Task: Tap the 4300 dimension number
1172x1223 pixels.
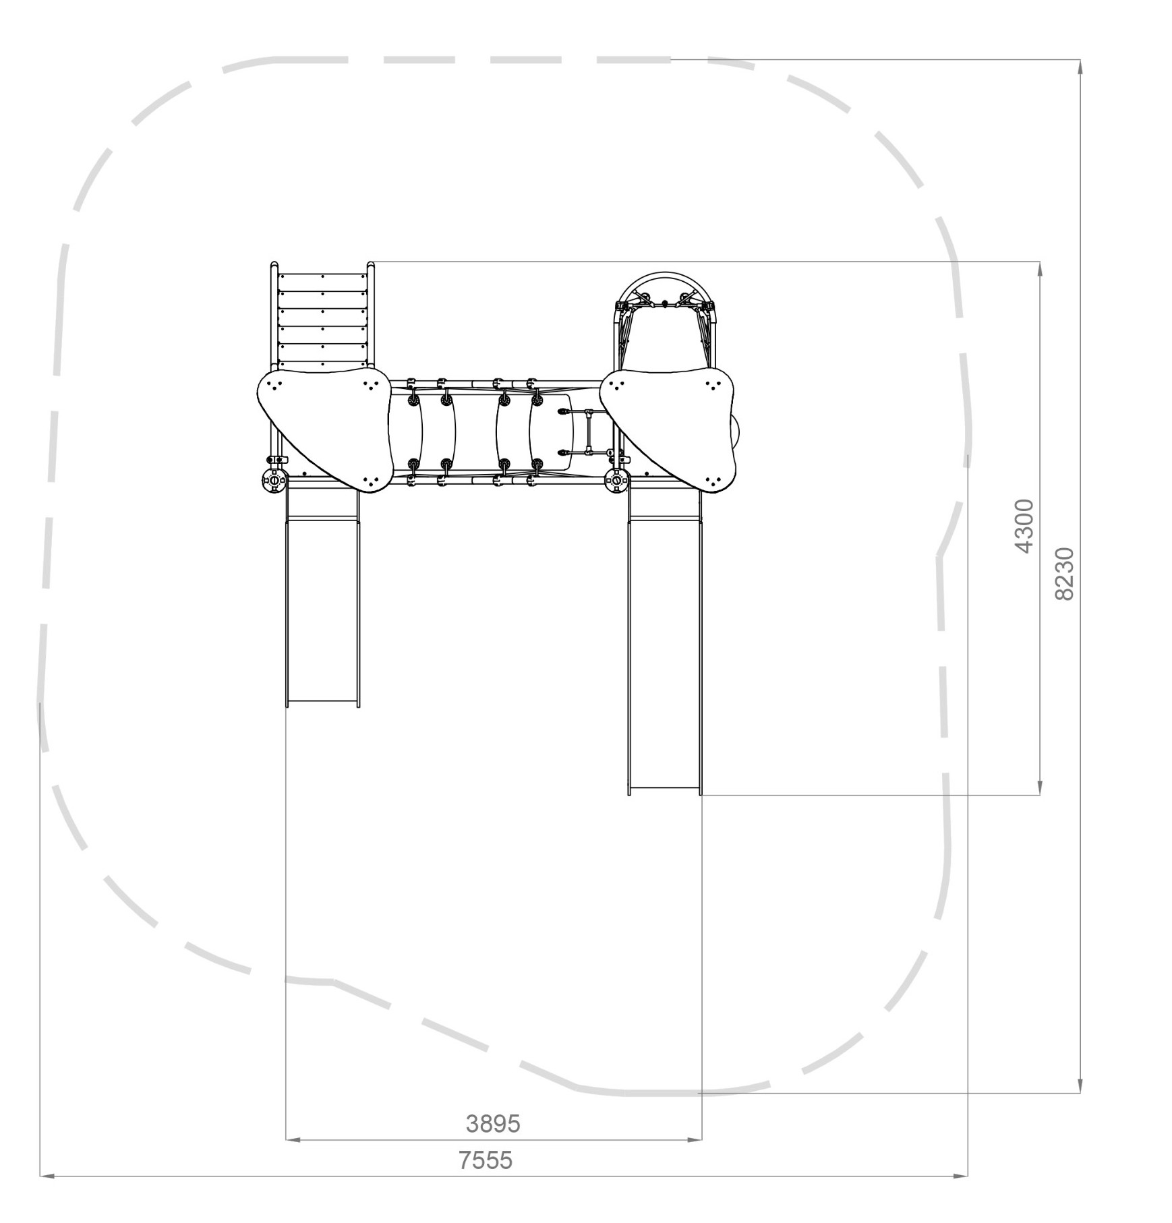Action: tap(1024, 527)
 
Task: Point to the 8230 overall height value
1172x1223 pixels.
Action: tap(1063, 574)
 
